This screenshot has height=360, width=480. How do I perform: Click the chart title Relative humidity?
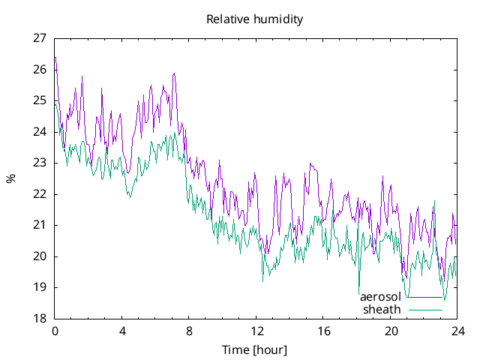point(255,19)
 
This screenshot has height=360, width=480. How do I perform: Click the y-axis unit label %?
point(10,178)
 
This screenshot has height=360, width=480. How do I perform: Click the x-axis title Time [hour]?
point(255,350)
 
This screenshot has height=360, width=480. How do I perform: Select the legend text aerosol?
point(380,297)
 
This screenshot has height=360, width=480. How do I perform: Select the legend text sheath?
point(382,309)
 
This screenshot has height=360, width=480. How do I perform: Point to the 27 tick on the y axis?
point(40,38)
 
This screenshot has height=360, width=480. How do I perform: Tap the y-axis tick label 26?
point(40,70)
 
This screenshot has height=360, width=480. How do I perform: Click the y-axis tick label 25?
point(40,100)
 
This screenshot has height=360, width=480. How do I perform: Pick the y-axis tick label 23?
point(40,163)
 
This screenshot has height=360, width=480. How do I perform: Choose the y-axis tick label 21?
point(40,225)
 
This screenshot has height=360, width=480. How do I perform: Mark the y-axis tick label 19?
point(40,287)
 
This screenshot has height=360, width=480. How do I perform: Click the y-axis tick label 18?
point(40,319)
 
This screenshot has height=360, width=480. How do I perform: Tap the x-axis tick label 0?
point(55,331)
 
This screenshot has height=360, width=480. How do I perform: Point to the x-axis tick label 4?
point(122,331)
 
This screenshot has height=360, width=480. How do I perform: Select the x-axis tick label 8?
point(189,331)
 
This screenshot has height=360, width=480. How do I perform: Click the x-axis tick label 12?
point(256,331)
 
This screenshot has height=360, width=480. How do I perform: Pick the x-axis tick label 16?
point(323,331)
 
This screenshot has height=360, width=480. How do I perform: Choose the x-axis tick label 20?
point(391,331)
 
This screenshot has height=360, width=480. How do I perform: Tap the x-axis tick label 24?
point(457,331)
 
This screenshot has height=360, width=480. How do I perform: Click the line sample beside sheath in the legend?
point(425,309)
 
